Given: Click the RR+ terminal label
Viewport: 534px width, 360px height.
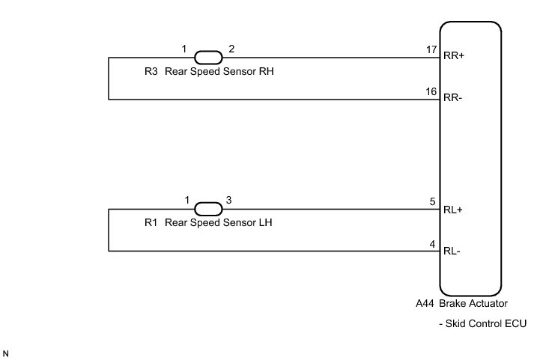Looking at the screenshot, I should (x=455, y=55).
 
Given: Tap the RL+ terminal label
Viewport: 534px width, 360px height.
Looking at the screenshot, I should (x=453, y=210).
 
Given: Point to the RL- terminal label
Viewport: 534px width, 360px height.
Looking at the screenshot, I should (x=452, y=251).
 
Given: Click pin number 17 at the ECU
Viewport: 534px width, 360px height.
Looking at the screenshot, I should (x=431, y=49).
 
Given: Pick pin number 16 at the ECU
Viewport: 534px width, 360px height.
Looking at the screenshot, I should (x=431, y=91).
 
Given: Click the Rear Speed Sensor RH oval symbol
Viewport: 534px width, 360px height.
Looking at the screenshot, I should (x=208, y=57).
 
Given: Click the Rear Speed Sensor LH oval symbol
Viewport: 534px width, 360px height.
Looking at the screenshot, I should (x=208, y=209).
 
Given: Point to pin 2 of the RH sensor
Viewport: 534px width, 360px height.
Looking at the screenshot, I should (x=231, y=49).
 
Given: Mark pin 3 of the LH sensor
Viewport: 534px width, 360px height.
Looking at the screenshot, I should (x=229, y=201).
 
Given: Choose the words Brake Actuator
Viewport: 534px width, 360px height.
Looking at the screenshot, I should (x=473, y=304).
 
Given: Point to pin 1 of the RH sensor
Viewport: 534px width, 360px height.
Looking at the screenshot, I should (x=184, y=49).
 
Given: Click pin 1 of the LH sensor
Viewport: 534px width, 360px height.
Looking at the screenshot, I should (x=187, y=201).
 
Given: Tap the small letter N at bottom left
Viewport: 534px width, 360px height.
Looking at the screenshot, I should (x=6, y=352).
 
